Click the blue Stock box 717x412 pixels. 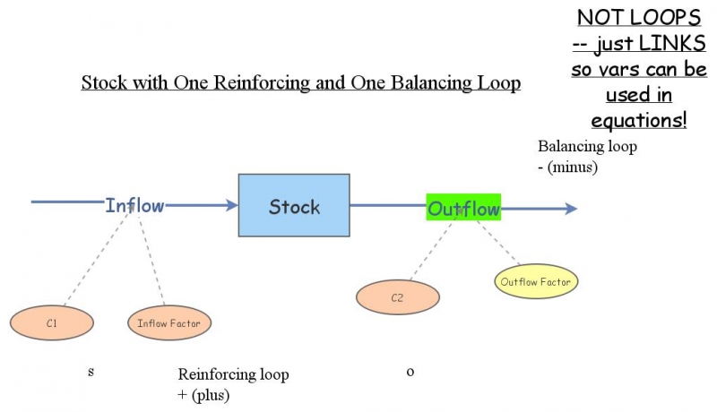tap(293, 207)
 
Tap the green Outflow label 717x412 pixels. tap(463, 209)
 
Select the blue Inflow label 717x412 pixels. tap(134, 205)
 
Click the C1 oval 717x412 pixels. tap(51, 322)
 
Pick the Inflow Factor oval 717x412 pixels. tap(169, 322)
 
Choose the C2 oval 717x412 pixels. tap(397, 298)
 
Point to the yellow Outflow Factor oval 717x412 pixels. tap(536, 282)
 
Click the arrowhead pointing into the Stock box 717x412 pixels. tap(231, 205)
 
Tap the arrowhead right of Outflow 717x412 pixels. tap(571, 209)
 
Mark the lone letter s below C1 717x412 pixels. tap(91, 371)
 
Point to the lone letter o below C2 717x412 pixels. tap(410, 371)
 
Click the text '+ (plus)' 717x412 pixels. tap(204, 392)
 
